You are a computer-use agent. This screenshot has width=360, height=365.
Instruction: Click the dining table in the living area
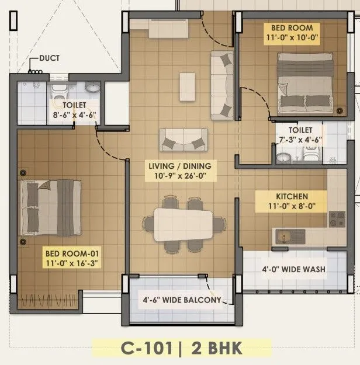[182, 225]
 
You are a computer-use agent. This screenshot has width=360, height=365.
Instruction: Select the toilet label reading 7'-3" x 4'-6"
[299, 135]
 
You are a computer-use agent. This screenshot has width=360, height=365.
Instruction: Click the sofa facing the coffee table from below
[183, 140]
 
